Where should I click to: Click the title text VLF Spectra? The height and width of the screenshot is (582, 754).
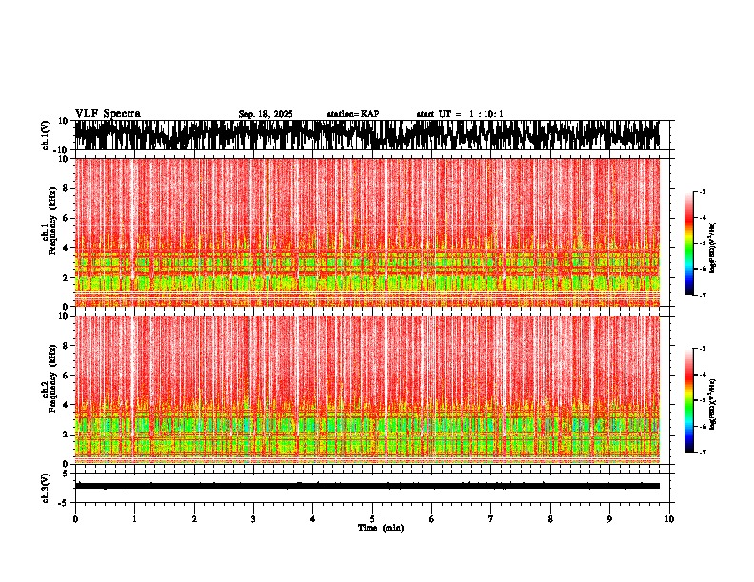pos(108,114)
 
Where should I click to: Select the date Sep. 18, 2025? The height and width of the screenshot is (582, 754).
pos(266,114)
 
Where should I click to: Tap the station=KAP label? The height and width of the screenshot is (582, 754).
pos(352,114)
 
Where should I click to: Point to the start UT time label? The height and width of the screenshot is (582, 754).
pos(460,114)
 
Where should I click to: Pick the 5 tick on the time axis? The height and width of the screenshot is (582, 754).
pos(372,519)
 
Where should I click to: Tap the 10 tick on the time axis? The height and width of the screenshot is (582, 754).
pos(669,519)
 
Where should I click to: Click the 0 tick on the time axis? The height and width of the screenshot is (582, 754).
pos(75,519)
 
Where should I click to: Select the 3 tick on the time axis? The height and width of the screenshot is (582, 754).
pos(253,519)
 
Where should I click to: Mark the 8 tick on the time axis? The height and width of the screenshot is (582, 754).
pos(550,519)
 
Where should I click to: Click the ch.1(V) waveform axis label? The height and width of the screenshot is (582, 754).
pos(47,135)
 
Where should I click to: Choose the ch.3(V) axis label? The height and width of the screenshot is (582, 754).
pos(47,486)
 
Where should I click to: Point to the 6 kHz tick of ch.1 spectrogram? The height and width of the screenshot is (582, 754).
pos(66,218)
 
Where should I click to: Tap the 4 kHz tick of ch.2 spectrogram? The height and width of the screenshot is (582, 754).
pos(66,404)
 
